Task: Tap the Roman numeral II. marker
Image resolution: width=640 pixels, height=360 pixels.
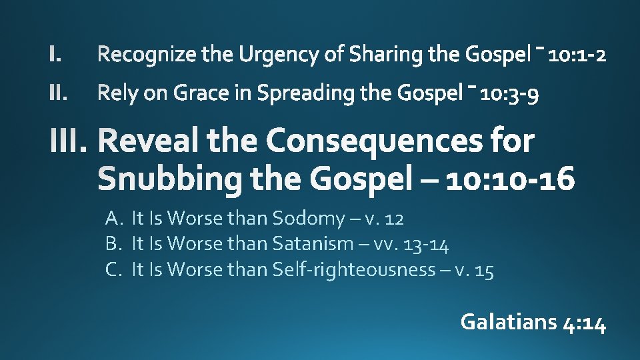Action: click(58, 94)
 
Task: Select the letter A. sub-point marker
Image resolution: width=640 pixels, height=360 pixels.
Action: click(112, 218)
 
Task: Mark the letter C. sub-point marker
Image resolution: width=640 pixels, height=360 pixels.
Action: click(112, 270)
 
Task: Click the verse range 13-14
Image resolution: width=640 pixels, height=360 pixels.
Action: click(431, 245)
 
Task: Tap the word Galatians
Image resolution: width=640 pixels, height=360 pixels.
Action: click(509, 323)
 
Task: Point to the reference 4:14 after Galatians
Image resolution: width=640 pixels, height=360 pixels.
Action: click(585, 323)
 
